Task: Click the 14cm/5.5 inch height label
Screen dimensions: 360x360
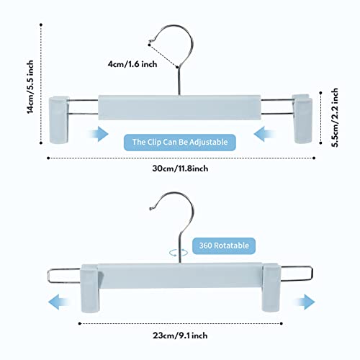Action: (30, 87)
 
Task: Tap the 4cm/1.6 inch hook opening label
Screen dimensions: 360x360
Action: (132, 64)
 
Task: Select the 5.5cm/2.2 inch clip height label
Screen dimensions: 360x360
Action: (335, 117)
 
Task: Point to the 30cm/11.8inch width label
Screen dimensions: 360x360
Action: (180, 168)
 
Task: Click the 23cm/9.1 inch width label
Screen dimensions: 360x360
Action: (180, 336)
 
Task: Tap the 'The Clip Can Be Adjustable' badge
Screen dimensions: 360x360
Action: (180, 143)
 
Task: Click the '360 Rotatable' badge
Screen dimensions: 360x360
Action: (224, 246)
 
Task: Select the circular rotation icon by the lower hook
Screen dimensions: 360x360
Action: (179, 253)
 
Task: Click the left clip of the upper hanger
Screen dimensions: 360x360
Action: (59, 120)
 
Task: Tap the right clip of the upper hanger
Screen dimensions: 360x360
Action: (302, 119)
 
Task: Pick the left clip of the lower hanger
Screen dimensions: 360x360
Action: (90, 289)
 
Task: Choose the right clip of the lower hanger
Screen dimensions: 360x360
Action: (271, 287)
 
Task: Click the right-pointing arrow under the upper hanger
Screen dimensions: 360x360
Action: (98, 134)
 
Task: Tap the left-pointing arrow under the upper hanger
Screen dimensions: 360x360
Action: (265, 134)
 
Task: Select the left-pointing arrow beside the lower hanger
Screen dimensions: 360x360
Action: (59, 302)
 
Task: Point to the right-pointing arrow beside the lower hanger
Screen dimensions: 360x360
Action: (304, 302)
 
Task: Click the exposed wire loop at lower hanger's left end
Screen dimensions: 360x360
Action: (49, 276)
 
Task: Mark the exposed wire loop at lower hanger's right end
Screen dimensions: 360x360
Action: (312, 273)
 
